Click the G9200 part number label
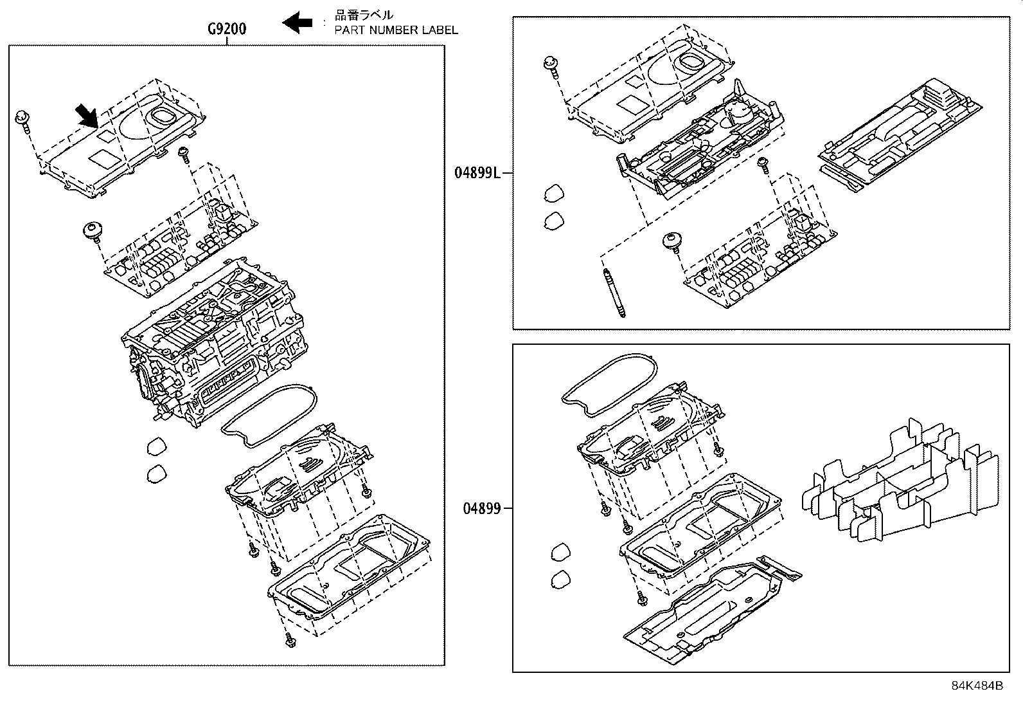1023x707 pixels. (x=226, y=29)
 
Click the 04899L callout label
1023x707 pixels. (x=477, y=172)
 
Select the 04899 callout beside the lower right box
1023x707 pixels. (x=481, y=509)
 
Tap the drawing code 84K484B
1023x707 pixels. (x=977, y=686)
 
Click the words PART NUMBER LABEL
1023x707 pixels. (x=396, y=30)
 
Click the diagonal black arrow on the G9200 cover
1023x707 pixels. (x=86, y=116)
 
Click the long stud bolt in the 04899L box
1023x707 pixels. (x=614, y=293)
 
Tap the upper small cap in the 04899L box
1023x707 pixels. (x=554, y=192)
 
